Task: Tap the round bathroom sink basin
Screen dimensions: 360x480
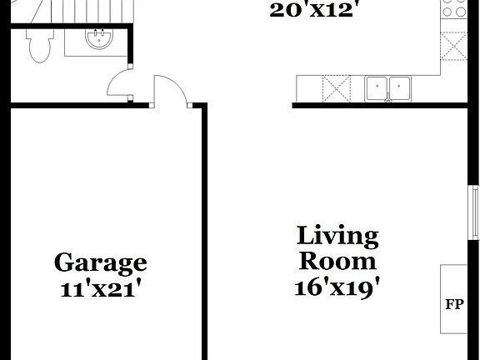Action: pos(100,39)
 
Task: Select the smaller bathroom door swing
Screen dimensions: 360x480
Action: pos(121,83)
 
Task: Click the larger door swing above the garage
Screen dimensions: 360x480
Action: pos(170,90)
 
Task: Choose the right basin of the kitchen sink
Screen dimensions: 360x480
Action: pos(401,87)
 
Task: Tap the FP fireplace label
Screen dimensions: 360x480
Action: pos(454,302)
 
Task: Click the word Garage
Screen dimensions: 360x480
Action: pos(100,263)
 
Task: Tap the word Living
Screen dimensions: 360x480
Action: pos(337,236)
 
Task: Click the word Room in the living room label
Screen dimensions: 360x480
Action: pos(337,261)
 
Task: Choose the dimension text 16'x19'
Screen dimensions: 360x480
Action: pos(337,287)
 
